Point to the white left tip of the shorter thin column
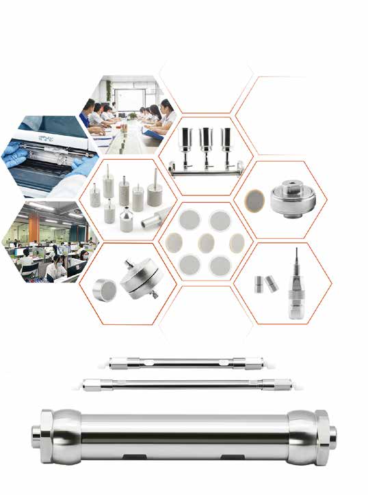click(113, 359)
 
